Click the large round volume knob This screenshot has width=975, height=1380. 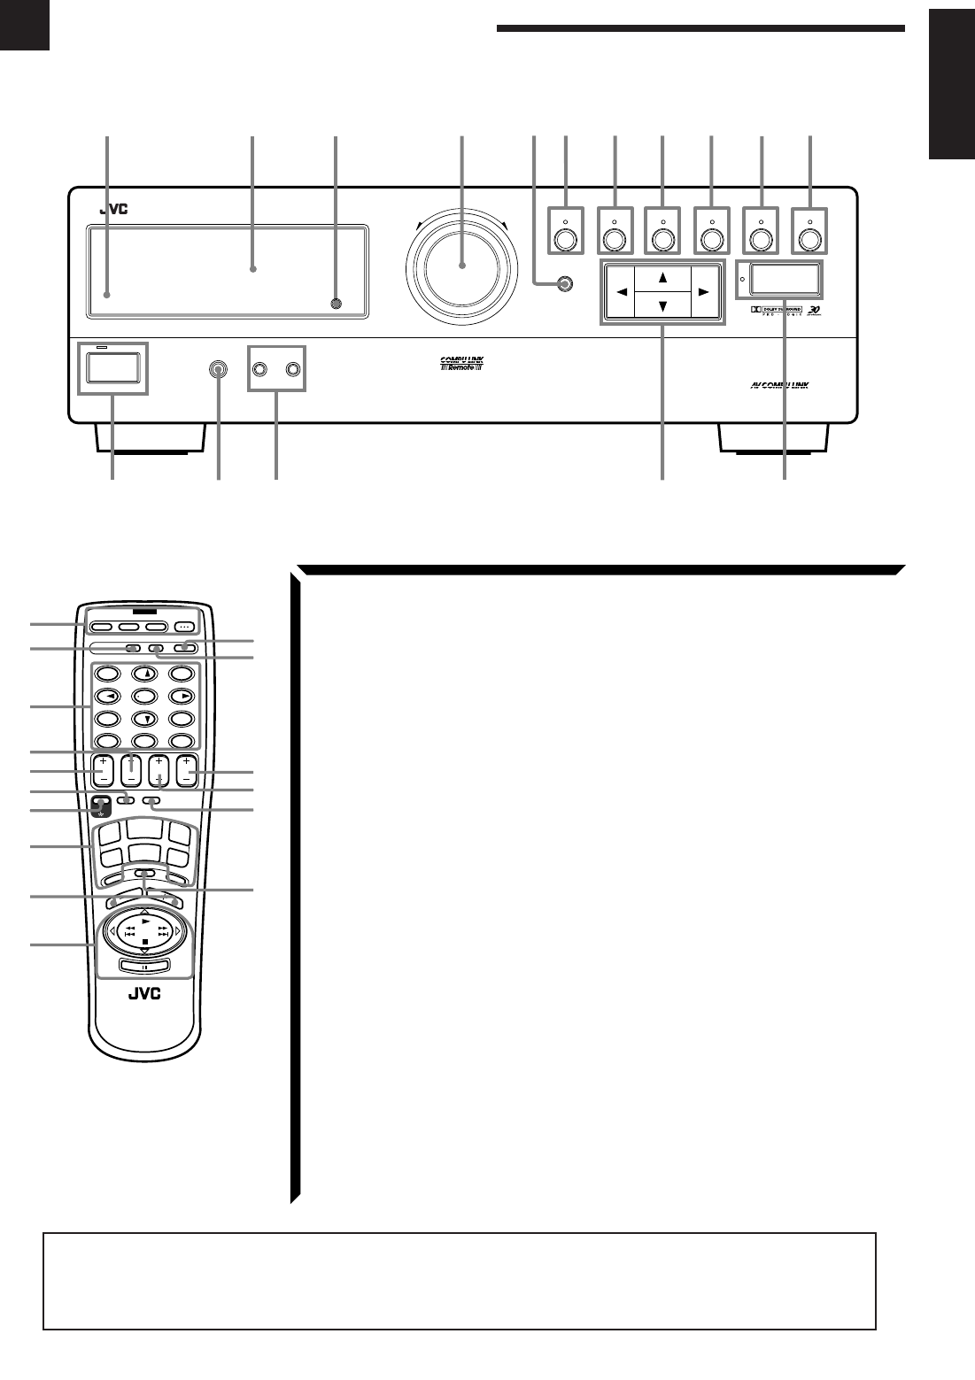coord(460,265)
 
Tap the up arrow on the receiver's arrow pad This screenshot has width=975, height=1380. coord(662,276)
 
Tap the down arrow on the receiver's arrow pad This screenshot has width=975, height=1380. coord(662,305)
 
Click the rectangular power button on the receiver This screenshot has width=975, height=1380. coord(112,367)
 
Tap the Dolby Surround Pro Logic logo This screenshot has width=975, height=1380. coord(770,311)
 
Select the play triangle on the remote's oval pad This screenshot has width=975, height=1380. coord(145,921)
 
